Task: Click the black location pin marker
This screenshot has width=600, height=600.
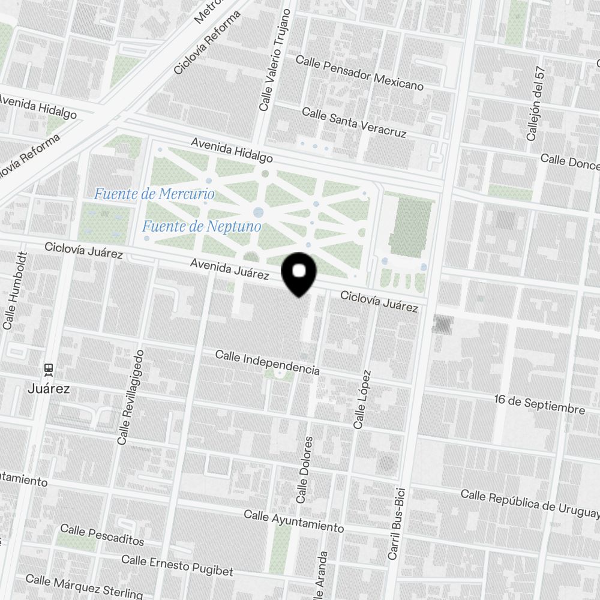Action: (x=299, y=274)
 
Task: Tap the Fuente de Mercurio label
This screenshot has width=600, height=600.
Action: (x=154, y=194)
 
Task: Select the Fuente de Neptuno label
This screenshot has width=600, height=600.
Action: (x=202, y=226)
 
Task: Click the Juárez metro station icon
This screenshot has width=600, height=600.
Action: (x=49, y=370)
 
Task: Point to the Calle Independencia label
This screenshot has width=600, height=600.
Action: (x=267, y=363)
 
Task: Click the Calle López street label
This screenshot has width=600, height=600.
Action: (x=362, y=399)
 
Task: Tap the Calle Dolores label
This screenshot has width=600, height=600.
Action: (x=305, y=470)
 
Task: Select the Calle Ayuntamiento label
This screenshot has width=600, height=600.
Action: (x=293, y=521)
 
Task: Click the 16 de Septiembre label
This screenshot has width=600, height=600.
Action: (x=539, y=404)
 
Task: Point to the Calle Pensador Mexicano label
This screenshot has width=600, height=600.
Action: (x=359, y=73)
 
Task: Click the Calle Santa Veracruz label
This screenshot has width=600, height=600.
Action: (x=354, y=122)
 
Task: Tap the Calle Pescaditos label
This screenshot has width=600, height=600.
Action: (x=102, y=535)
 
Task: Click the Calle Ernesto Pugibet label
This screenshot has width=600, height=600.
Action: (x=177, y=565)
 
